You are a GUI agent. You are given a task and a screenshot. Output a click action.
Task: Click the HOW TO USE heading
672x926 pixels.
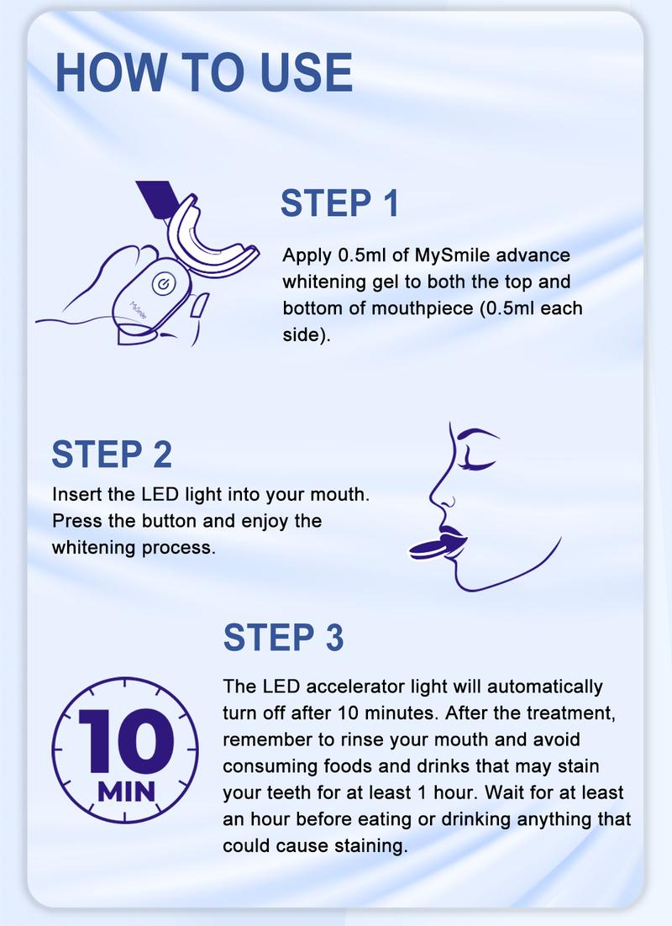point(203,72)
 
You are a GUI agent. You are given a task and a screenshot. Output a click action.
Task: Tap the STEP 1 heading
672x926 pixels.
point(339,204)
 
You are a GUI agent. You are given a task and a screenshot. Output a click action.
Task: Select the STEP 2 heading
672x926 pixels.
point(112,454)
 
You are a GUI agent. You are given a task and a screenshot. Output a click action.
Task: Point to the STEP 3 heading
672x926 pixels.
point(284,638)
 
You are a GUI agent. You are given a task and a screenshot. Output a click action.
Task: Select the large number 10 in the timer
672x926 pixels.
point(126,740)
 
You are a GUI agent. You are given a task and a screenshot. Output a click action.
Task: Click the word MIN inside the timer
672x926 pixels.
point(126,792)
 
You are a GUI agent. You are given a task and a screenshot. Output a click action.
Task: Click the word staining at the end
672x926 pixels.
point(373,845)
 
